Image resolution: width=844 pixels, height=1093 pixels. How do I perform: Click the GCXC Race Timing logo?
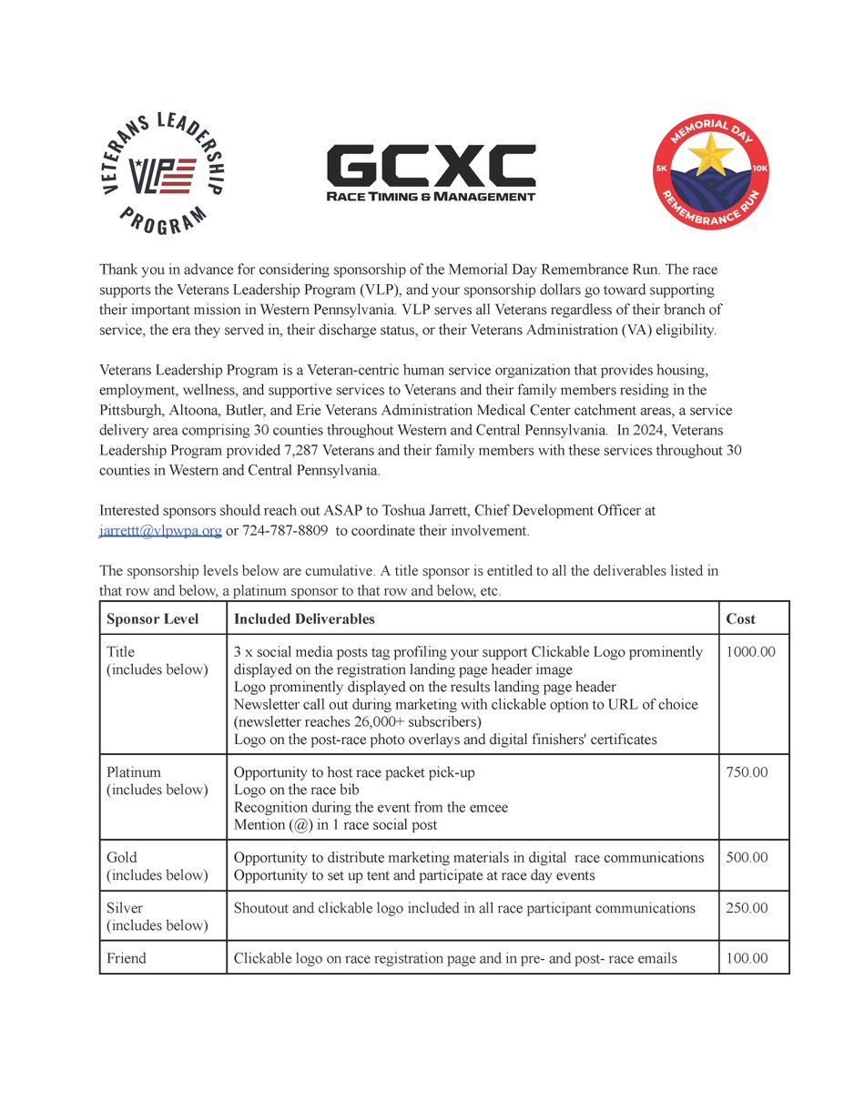(x=431, y=174)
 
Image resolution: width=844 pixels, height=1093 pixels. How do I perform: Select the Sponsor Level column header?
(x=153, y=619)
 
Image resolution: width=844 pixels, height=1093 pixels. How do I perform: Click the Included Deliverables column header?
(x=304, y=619)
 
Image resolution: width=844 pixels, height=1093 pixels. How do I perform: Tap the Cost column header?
(x=740, y=619)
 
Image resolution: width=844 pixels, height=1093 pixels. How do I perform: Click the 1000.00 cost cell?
(x=751, y=652)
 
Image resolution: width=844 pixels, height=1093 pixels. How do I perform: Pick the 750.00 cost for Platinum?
(x=747, y=772)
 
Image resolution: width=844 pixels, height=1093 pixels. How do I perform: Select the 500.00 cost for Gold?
(x=747, y=857)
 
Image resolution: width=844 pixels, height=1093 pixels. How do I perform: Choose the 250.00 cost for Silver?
(x=747, y=908)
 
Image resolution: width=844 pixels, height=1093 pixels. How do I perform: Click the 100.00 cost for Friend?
(x=747, y=958)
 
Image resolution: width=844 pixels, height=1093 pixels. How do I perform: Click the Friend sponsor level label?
(x=127, y=958)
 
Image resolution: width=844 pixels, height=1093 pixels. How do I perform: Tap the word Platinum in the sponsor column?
(x=134, y=772)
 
